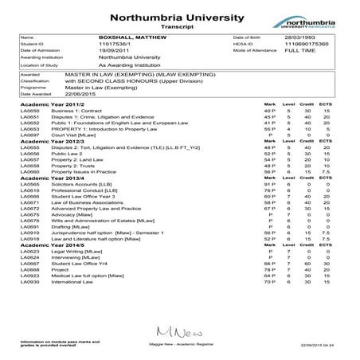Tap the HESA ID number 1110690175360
click(x=303, y=45)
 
